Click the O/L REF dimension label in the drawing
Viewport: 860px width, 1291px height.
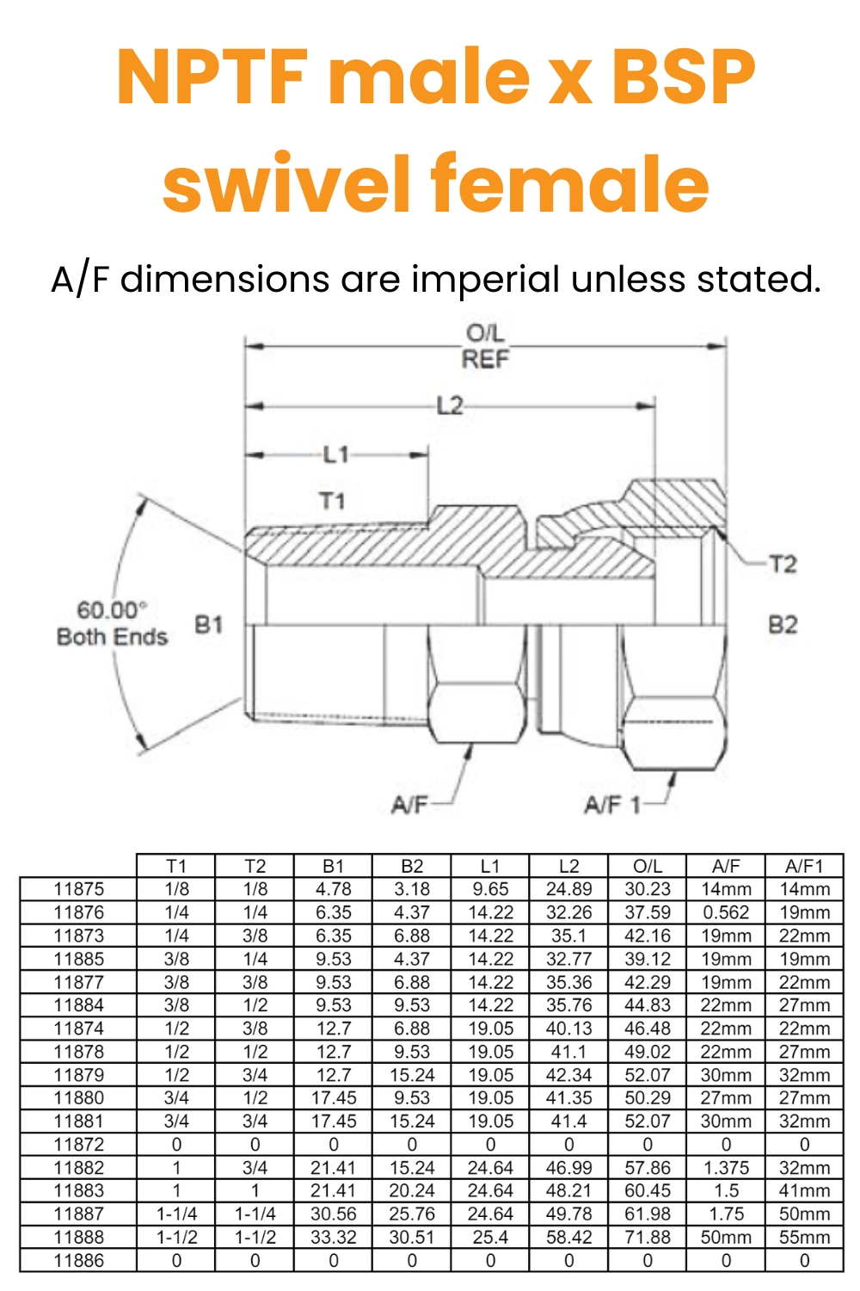click(x=486, y=346)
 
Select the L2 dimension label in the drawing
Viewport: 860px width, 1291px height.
click(x=450, y=405)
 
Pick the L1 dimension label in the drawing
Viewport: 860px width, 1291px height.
click(x=336, y=454)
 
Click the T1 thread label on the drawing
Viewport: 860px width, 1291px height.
click(x=332, y=500)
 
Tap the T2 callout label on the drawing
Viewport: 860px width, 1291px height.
click(x=783, y=564)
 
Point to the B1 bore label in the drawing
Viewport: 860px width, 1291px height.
click(x=208, y=624)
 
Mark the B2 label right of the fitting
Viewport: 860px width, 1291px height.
click(x=783, y=624)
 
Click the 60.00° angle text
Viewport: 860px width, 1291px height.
click(x=112, y=610)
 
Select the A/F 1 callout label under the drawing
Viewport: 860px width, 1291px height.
click(x=612, y=805)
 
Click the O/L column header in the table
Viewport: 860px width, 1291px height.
click(x=647, y=866)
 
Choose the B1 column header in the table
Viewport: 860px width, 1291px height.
click(x=333, y=866)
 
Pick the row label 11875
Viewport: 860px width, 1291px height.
click(x=78, y=889)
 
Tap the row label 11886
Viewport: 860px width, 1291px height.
click(x=78, y=1260)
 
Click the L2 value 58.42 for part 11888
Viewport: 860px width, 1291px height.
click(x=568, y=1237)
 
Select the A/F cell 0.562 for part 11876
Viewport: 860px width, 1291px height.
click(x=726, y=912)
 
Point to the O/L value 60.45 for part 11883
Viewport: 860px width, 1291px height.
click(x=647, y=1190)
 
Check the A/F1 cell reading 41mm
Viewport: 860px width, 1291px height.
click(x=804, y=1190)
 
